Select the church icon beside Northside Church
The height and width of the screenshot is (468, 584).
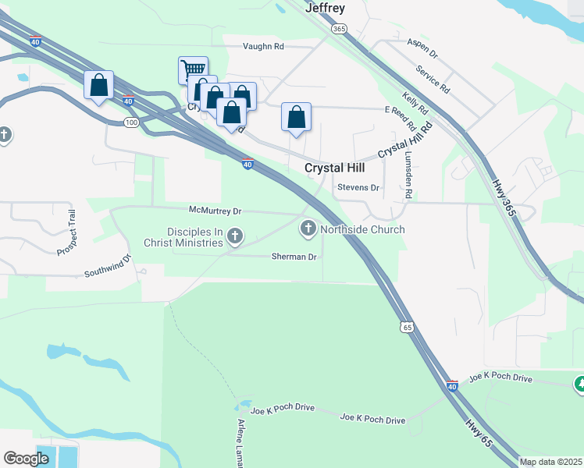[308, 229]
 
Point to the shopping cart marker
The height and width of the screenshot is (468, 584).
[193, 69]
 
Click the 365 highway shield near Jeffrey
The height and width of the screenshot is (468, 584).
[338, 29]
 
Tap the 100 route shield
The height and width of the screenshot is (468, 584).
[131, 122]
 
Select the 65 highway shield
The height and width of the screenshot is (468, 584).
[407, 328]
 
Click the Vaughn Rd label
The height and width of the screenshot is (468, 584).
[263, 46]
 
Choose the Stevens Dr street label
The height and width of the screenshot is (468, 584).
[358, 188]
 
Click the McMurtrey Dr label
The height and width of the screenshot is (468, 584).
[216, 211]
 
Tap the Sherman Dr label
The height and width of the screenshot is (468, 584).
[294, 257]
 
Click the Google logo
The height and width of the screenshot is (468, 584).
[26, 459]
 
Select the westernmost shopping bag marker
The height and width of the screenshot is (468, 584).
[99, 84]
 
